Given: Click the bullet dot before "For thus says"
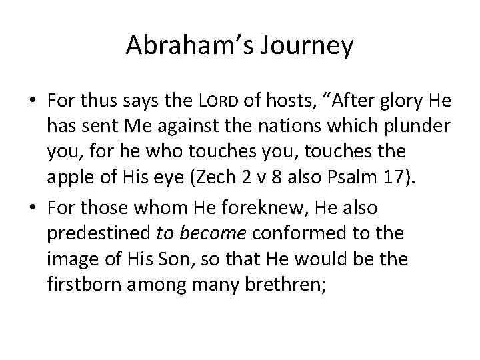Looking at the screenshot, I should (33, 101).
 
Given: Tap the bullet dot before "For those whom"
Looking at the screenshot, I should (33, 208).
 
